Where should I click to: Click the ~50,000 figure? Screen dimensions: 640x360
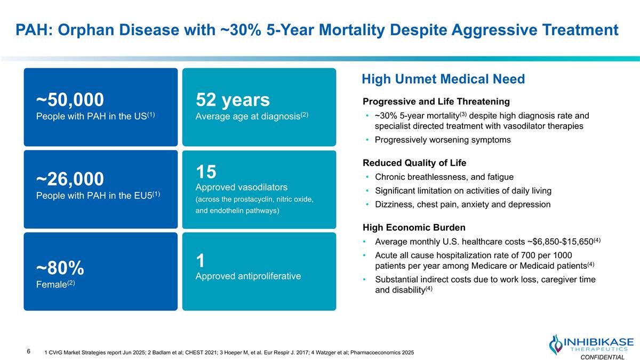tap(70, 99)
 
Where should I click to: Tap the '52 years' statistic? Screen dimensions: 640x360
tap(233, 100)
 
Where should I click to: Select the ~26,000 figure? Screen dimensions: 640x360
tap(70, 179)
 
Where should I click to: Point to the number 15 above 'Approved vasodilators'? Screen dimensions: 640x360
tap(206, 172)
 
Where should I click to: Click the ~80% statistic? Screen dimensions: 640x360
tap(60, 268)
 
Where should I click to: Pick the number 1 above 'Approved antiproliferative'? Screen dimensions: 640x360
tap(201, 261)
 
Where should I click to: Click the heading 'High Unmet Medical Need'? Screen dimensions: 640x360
tap(443, 79)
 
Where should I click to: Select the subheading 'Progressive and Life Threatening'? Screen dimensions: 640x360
tap(436, 101)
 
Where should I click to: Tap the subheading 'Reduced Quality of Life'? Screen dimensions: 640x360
tap(414, 163)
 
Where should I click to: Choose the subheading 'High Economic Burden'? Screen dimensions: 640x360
tap(414, 227)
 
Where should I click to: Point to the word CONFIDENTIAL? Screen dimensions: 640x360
tap(602, 357)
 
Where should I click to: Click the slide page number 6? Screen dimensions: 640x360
tap(29, 351)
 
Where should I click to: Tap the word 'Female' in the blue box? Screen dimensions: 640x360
tap(51, 284)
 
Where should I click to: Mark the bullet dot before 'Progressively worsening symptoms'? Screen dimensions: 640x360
tap(367, 140)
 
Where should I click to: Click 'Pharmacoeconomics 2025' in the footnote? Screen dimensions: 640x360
tap(382, 353)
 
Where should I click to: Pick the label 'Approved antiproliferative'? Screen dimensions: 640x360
tap(248, 276)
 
